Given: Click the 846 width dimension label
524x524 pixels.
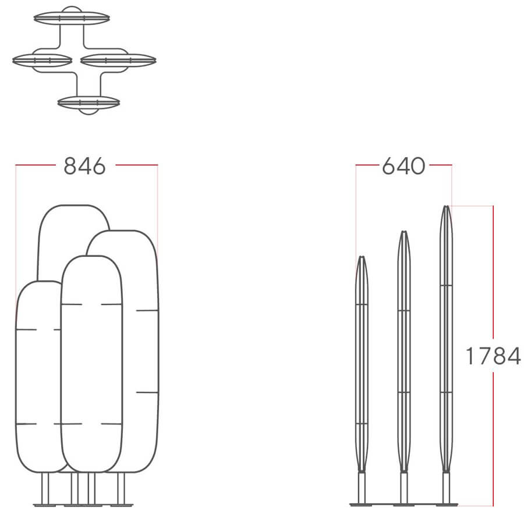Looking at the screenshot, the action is point(84,166).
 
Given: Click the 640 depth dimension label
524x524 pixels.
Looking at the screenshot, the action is point(403,166).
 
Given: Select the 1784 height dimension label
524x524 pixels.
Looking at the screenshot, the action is point(493,356).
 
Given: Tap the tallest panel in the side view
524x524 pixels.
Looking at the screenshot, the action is point(446,338).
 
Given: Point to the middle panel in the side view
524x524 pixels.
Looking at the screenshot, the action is point(403,351).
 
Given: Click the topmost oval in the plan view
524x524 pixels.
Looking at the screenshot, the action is point(72,17).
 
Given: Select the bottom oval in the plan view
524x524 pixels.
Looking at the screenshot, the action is point(88,102).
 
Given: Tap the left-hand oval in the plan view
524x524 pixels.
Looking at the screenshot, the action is point(42,61).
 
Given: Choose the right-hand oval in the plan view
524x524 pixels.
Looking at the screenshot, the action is point(118,61).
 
